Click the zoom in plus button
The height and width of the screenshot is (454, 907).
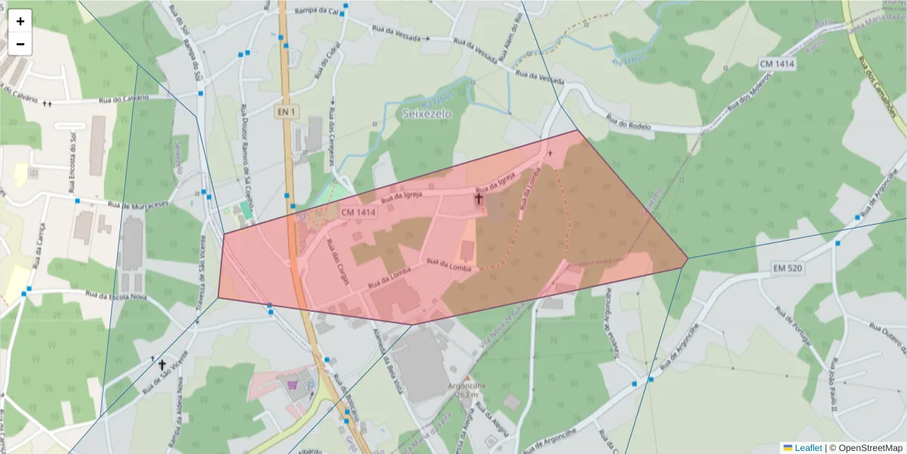20,21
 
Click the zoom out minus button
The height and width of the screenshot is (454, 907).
20,44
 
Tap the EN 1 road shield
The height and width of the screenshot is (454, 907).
286,112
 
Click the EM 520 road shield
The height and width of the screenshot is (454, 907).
787,268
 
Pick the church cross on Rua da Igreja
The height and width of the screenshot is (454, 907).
478,199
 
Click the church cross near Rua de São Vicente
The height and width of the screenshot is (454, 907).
162,365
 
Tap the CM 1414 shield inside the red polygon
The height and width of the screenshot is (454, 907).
358,213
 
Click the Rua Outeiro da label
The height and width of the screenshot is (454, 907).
889,337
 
